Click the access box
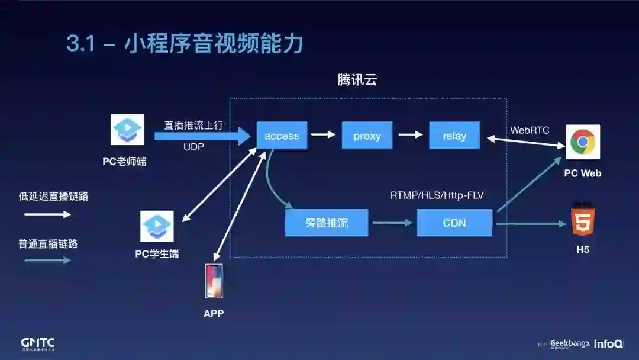[282, 136]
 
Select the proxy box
[367, 136]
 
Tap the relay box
[454, 136]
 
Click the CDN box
[454, 223]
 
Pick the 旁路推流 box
[327, 223]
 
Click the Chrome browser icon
[583, 142]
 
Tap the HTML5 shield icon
[583, 220]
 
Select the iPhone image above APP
[214, 281]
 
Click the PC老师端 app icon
[127, 130]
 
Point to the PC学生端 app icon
[157, 226]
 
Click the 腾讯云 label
[357, 80]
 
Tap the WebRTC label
[530, 130]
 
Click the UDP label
[193, 147]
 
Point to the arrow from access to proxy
[324, 135]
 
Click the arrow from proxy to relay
[411, 135]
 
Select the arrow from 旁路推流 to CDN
[391, 223]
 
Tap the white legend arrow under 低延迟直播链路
[47, 214]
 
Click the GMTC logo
[38, 344]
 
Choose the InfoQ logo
[608, 344]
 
